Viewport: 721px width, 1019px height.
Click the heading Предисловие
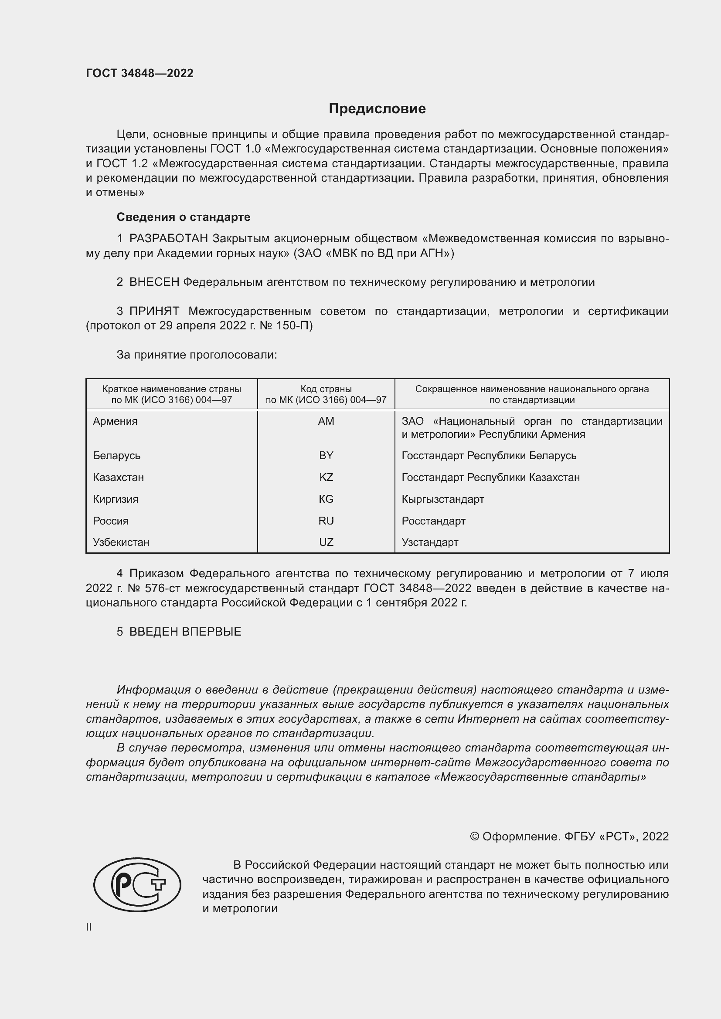(x=377, y=109)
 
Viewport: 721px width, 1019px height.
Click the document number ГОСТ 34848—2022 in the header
(x=139, y=73)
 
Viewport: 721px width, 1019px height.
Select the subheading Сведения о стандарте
(x=184, y=217)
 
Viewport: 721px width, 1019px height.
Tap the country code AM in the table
(x=326, y=421)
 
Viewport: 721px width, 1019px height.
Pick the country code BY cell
(x=326, y=455)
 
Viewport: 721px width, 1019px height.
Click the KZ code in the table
(x=326, y=477)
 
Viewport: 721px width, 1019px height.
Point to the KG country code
(x=326, y=499)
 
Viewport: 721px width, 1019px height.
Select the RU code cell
(x=326, y=521)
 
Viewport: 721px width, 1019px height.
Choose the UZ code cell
(x=326, y=542)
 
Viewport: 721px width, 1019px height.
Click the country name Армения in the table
(x=115, y=421)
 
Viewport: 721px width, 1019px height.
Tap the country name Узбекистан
(x=121, y=542)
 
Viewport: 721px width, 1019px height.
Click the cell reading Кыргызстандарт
(x=442, y=499)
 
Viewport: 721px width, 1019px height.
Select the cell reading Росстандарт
(x=433, y=521)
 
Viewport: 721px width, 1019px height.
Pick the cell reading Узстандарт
(x=430, y=542)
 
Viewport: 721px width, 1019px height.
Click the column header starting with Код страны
(x=326, y=394)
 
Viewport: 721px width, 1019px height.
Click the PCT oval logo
(x=137, y=884)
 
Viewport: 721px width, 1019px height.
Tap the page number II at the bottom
(x=88, y=927)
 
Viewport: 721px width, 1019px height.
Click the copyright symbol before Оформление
(x=474, y=836)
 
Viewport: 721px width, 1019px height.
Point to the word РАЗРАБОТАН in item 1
(x=168, y=239)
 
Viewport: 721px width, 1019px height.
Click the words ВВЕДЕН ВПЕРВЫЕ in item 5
(x=185, y=632)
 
